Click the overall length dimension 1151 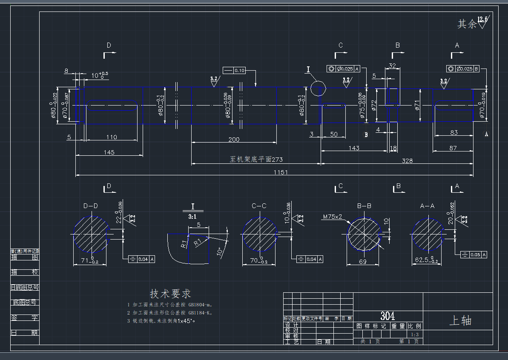(281, 172)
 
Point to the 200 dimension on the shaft (234, 140)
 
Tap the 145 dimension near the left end (109, 152)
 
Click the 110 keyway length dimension (112, 137)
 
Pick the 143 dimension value (354, 148)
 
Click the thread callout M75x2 (333, 217)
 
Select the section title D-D (90, 206)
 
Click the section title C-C (259, 206)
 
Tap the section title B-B (364, 206)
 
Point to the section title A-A (427, 206)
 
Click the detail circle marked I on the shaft (318, 89)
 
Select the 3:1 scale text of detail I (193, 216)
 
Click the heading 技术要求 (170, 294)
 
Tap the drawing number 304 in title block (387, 316)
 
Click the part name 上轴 (460, 321)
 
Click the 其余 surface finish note (467, 24)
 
